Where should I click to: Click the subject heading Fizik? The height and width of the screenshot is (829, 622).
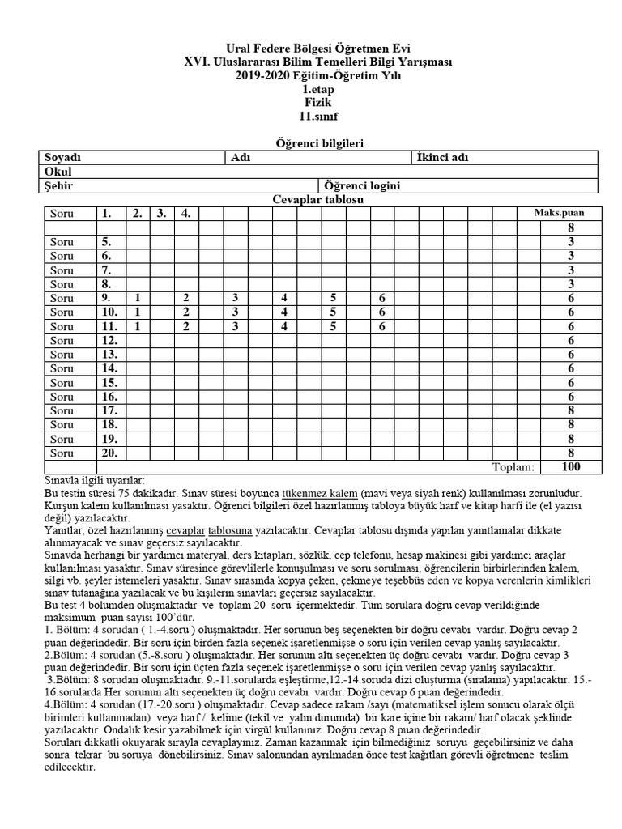tap(317, 103)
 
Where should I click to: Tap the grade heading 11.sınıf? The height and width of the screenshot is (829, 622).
tap(317, 117)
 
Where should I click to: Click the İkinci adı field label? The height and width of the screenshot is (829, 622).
tap(443, 157)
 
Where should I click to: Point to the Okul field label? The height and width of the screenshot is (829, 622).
tap(56, 172)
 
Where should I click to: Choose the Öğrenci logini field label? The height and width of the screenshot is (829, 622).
tap(362, 186)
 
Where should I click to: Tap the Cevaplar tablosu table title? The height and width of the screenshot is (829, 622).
tap(317, 199)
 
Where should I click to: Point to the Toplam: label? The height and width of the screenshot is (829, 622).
tap(513, 467)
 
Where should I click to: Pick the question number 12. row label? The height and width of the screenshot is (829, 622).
tap(109, 340)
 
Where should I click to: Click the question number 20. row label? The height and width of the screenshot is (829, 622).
tap(109, 453)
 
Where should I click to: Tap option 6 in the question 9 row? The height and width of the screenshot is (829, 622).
tap(381, 298)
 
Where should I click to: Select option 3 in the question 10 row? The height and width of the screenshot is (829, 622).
tap(235, 312)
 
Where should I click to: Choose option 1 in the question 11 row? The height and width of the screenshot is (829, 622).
tap(138, 326)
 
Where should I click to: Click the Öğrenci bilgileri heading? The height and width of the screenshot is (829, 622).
tap(317, 142)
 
